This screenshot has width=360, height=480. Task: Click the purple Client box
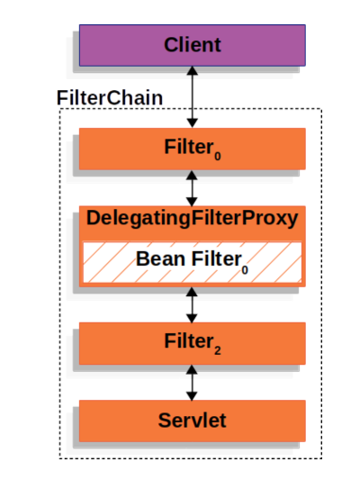click(x=192, y=45)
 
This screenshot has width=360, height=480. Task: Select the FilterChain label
click(x=110, y=97)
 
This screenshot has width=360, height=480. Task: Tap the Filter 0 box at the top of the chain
click(x=192, y=149)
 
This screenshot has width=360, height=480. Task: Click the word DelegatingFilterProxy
click(x=192, y=219)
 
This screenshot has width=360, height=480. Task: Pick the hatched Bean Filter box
click(x=192, y=262)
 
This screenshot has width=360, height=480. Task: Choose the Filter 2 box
click(x=192, y=343)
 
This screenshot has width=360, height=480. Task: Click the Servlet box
click(x=192, y=421)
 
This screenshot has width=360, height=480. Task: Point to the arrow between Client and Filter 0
click(x=192, y=97)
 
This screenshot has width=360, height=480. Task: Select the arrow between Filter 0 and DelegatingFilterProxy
click(x=192, y=188)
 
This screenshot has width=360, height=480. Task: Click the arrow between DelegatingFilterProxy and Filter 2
click(x=192, y=305)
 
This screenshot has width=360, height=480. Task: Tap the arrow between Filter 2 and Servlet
click(x=192, y=383)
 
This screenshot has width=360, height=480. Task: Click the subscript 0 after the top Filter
click(x=218, y=157)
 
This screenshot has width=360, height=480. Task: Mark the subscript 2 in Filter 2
click(x=218, y=351)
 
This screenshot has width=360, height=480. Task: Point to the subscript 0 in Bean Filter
click(x=245, y=270)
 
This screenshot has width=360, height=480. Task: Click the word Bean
click(x=160, y=259)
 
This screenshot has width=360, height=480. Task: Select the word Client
click(x=192, y=45)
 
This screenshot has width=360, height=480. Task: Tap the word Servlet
click(x=192, y=420)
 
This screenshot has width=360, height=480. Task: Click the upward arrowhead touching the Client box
click(x=192, y=70)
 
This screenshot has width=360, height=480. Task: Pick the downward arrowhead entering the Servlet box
click(x=192, y=396)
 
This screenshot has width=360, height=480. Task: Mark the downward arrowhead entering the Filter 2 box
click(x=192, y=319)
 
